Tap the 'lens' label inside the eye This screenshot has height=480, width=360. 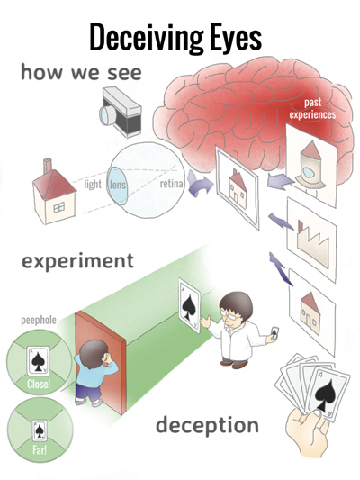pyautogui.click(x=118, y=185)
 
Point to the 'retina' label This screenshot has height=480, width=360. pyautogui.click(x=172, y=184)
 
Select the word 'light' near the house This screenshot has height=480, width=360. pyautogui.click(x=93, y=184)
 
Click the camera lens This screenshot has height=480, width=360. pyautogui.click(x=108, y=115)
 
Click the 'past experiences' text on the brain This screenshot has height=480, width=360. pyautogui.click(x=312, y=108)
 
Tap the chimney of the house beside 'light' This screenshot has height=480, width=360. pyautogui.click(x=48, y=166)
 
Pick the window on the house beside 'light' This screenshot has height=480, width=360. pyautogui.click(x=59, y=207)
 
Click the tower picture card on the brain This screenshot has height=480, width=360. pyautogui.click(x=311, y=165)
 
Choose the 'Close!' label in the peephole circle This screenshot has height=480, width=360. pyautogui.click(x=39, y=384)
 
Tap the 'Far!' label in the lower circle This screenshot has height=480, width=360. pyautogui.click(x=40, y=450)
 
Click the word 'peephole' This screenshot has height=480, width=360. pyautogui.click(x=39, y=321)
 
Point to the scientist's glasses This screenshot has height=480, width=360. pyautogui.click(x=231, y=314)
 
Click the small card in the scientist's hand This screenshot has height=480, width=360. pyautogui.click(x=274, y=332)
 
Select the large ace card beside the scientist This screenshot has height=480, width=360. pyautogui.click(x=189, y=305)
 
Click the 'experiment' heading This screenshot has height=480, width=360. pyautogui.click(x=78, y=261)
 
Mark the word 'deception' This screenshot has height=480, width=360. pyautogui.click(x=207, y=425)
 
